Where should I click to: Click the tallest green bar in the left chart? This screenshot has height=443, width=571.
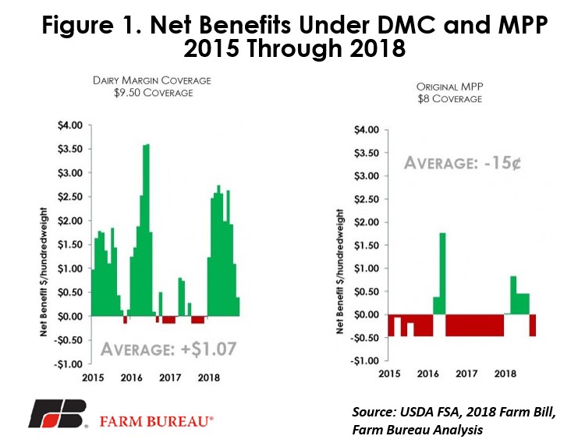pyautogui.click(x=147, y=230)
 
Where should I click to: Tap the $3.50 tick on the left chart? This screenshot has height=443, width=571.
pyautogui.click(x=70, y=149)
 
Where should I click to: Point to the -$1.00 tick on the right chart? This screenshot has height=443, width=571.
pyautogui.click(x=364, y=361)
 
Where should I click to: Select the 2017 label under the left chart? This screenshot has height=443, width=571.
pyautogui.click(x=170, y=377)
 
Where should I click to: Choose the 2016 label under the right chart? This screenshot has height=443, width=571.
pyautogui.click(x=428, y=374)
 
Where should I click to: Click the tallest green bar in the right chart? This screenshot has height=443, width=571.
pyautogui.click(x=442, y=274)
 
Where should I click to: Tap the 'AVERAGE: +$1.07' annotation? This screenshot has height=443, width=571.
pyautogui.click(x=168, y=349)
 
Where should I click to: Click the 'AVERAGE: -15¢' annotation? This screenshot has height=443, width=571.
pyautogui.click(x=463, y=163)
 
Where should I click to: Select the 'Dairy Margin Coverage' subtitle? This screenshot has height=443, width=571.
pyautogui.click(x=152, y=80)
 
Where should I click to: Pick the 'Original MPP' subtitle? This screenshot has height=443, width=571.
pyautogui.click(x=450, y=87)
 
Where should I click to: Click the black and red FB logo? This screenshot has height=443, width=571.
pyautogui.click(x=58, y=413)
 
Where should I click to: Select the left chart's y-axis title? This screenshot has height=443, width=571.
pyautogui.click(x=44, y=272)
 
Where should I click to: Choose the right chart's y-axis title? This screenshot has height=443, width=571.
pyautogui.click(x=340, y=271)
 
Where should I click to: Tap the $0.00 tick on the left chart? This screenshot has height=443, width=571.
pyautogui.click(x=70, y=316)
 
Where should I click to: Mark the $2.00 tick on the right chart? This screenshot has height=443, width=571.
pyautogui.click(x=367, y=222)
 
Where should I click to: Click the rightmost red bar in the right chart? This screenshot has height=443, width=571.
pyautogui.click(x=533, y=325)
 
